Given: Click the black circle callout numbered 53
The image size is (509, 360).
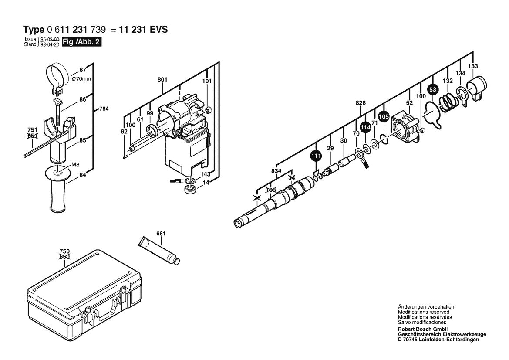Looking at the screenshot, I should tap(432, 90).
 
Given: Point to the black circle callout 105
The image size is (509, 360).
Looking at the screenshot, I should tap(383, 117).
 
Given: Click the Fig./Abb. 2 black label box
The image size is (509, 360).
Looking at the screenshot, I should tap(81, 42).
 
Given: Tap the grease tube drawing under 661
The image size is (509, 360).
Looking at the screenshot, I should tap(159, 250).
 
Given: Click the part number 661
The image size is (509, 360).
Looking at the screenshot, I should tap(161, 234).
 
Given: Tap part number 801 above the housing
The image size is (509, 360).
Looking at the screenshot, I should tap(162, 80).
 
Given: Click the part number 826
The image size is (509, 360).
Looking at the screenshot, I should tap(360, 103).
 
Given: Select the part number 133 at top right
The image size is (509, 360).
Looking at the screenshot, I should tap(473, 66).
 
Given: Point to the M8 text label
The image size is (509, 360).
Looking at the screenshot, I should tap(75, 164).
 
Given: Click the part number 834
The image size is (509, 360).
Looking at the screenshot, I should tap(276, 171).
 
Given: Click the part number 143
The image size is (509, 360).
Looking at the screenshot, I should tap(206, 174).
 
